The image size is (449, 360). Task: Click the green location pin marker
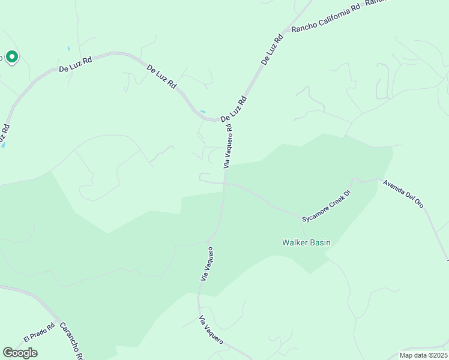(11, 57)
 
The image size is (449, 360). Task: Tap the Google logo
(20, 353)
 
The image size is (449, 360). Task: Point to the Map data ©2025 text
(423, 355)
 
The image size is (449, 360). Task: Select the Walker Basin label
(307, 243)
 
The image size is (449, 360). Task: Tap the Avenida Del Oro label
(403, 193)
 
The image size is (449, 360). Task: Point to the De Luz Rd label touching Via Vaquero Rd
(234, 109)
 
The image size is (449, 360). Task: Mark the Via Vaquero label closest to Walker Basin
(207, 264)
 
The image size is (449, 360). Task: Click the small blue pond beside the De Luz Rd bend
(202, 111)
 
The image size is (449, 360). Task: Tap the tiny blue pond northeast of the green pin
(69, 48)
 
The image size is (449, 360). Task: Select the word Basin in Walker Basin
(319, 243)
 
